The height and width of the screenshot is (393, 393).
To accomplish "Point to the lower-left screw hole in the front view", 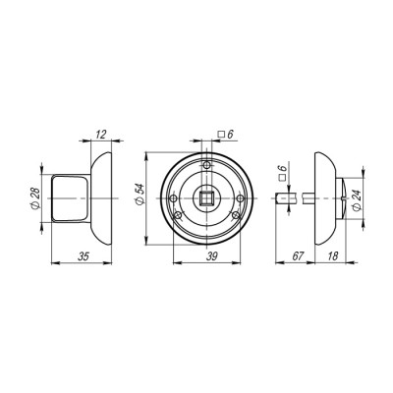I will click(x=178, y=218).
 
